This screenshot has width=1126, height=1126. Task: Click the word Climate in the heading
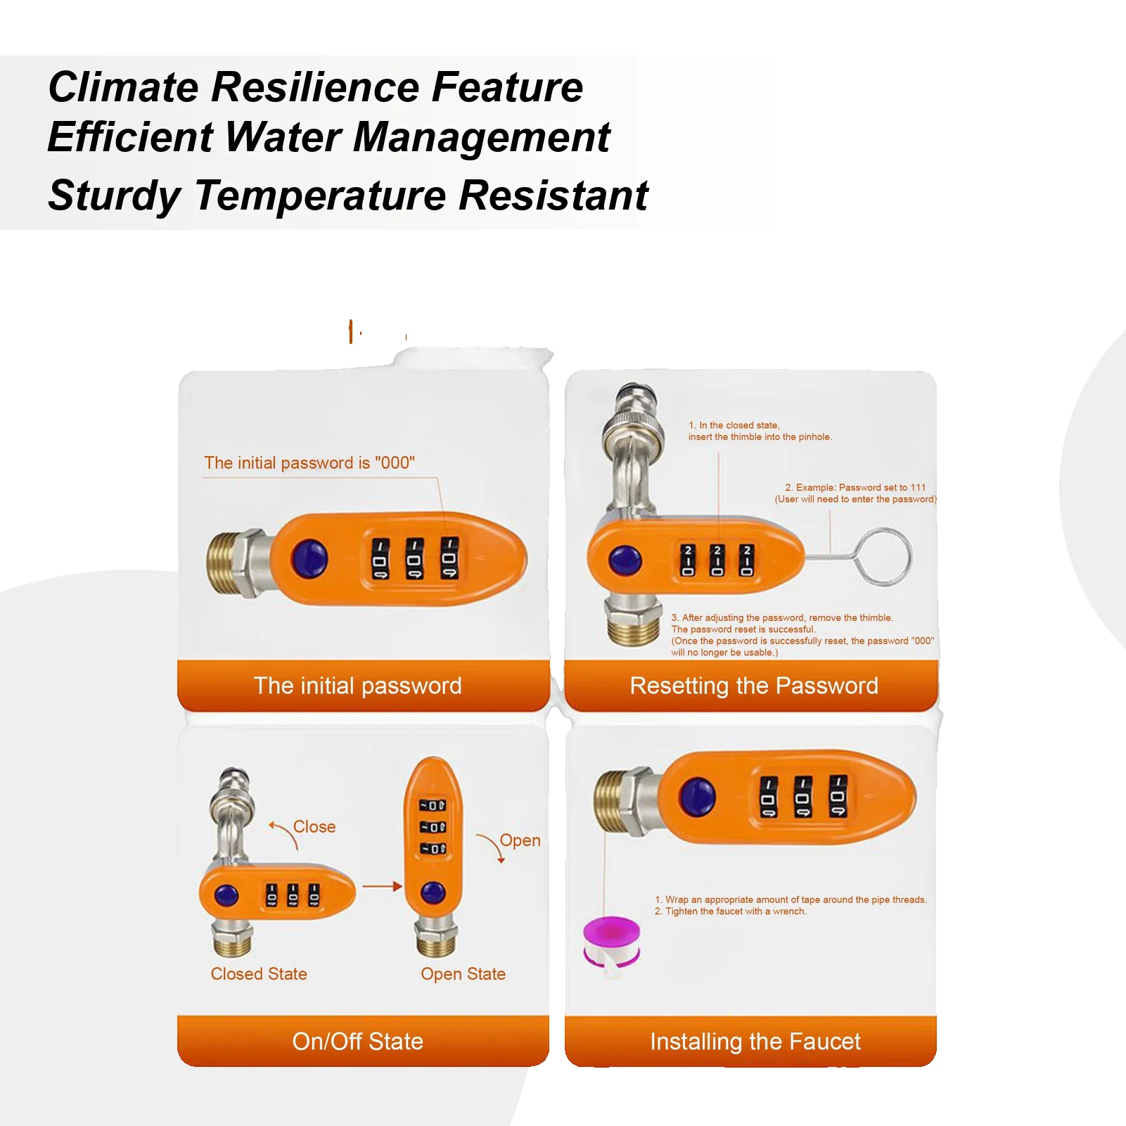(x=124, y=87)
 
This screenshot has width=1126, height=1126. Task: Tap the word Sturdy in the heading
(x=115, y=195)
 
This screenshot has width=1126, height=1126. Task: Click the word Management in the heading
(x=481, y=136)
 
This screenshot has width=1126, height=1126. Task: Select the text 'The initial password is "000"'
(x=309, y=463)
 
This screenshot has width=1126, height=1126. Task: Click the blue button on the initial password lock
(x=310, y=559)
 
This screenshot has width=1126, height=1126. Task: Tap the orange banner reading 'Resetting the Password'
(x=753, y=686)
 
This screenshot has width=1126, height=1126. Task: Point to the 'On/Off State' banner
(x=358, y=1041)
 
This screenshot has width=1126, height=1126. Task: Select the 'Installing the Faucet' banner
(x=755, y=1041)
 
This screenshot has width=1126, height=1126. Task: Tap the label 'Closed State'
(x=259, y=974)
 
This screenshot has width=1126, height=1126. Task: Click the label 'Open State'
(x=463, y=974)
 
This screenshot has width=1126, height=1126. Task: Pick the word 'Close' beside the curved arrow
(x=314, y=827)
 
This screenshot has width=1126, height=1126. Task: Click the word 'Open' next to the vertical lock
(x=520, y=840)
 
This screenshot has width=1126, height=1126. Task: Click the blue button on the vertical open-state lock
(x=433, y=893)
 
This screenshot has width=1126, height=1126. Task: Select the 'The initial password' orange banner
(x=358, y=686)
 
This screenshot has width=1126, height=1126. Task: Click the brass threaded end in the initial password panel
(x=223, y=563)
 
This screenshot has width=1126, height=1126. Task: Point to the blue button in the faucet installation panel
(x=697, y=797)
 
